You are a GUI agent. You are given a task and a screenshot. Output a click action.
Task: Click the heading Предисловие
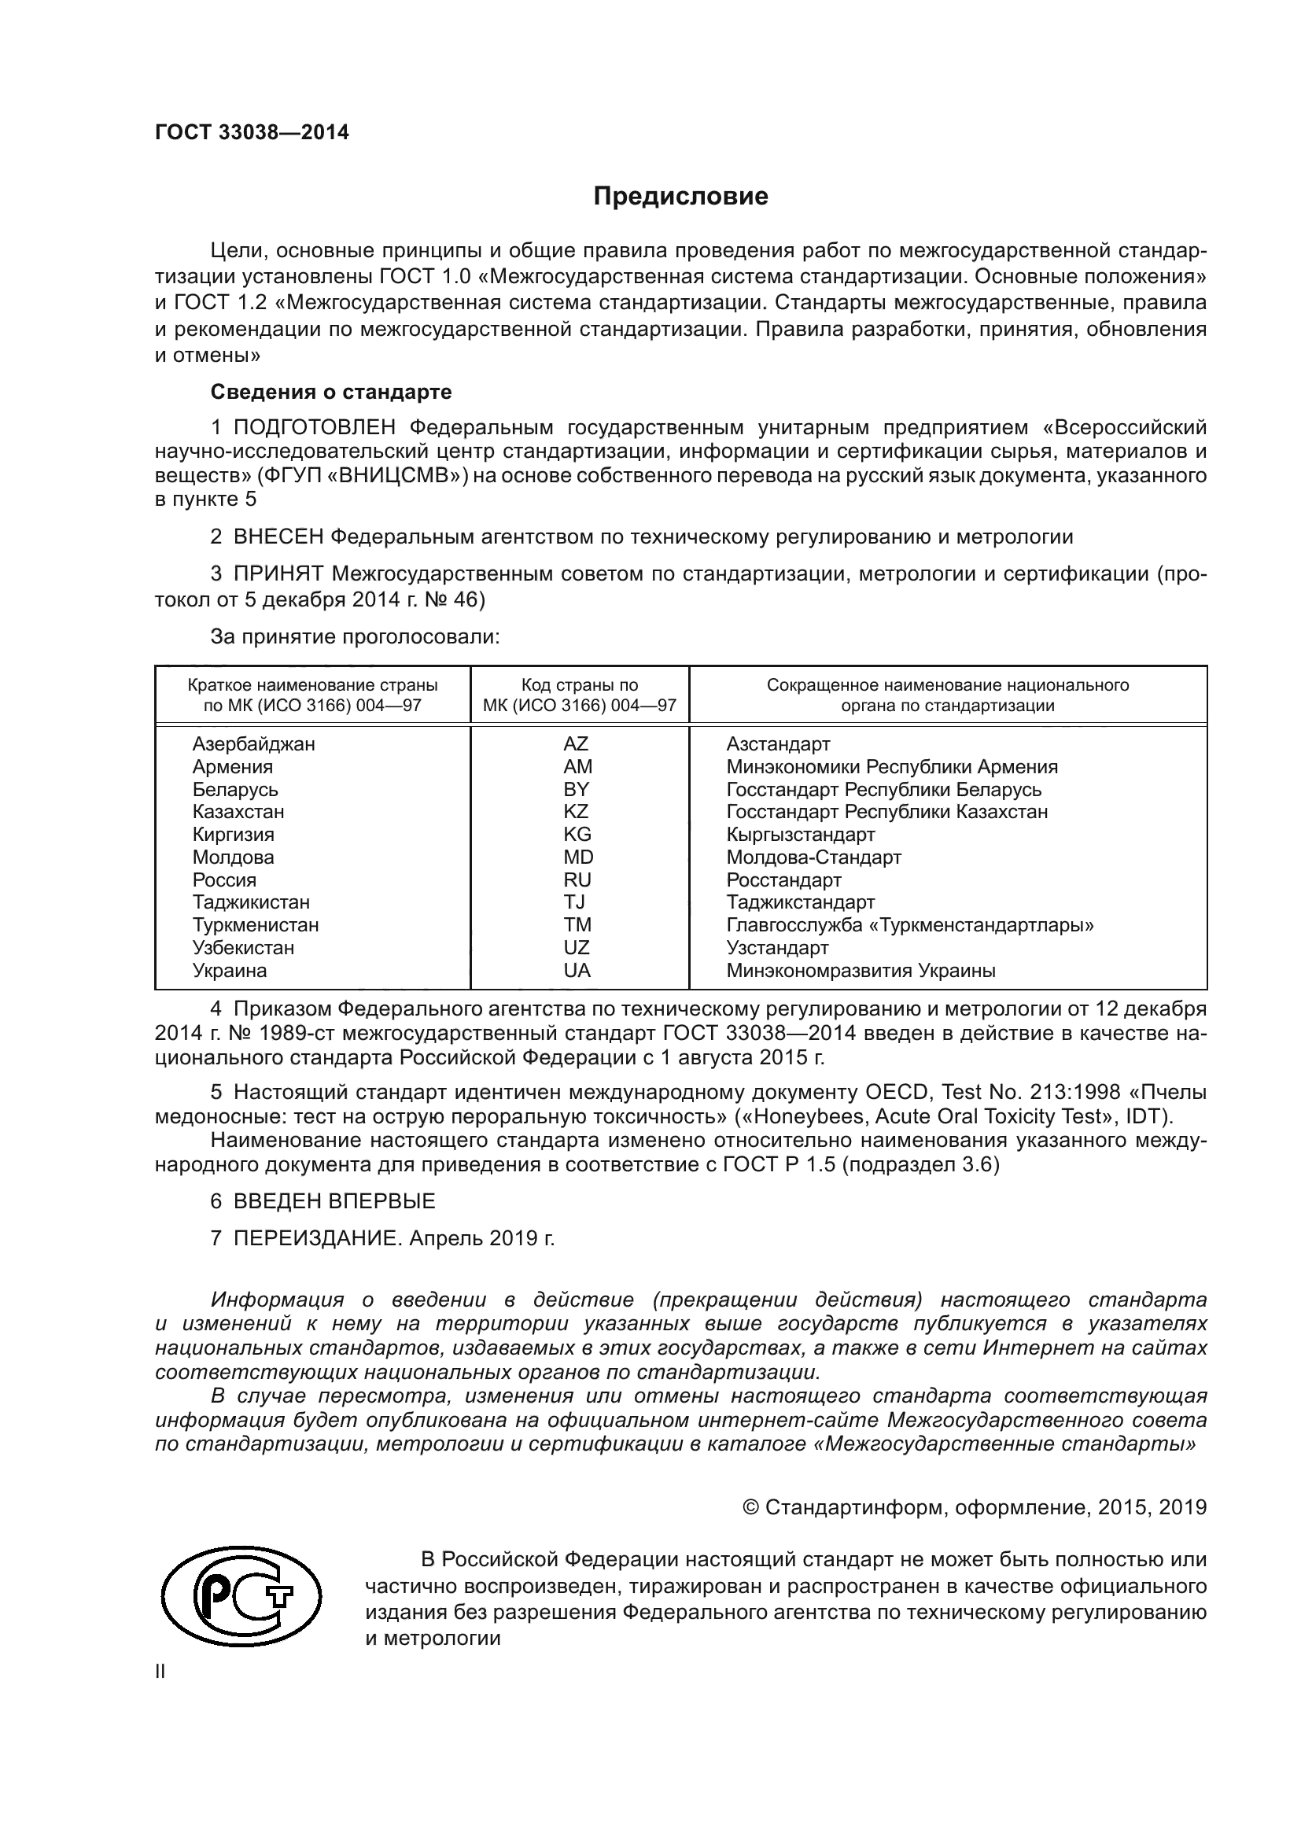click(680, 197)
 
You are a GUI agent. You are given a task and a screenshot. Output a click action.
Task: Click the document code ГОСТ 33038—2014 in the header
click(252, 133)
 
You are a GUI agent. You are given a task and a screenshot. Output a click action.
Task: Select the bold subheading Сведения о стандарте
click(331, 392)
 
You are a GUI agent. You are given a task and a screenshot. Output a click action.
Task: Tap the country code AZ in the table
click(575, 743)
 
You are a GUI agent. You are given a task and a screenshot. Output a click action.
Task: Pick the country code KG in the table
click(577, 834)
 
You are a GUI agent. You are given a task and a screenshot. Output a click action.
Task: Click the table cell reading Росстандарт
click(783, 880)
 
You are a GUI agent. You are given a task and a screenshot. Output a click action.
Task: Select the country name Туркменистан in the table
click(255, 925)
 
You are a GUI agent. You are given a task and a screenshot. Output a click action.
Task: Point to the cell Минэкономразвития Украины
click(861, 971)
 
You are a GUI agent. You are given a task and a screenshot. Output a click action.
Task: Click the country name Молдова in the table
click(232, 857)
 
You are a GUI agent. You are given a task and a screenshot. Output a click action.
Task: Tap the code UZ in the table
click(576, 948)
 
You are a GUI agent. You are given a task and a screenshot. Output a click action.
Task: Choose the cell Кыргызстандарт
click(800, 834)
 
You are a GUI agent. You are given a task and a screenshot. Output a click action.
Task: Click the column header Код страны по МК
click(579, 695)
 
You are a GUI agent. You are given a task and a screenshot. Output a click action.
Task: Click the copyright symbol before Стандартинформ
click(750, 1507)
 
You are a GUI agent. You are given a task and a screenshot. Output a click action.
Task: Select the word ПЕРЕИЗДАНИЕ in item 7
click(315, 1238)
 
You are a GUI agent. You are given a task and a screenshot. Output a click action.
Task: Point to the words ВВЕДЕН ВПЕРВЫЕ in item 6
click(334, 1201)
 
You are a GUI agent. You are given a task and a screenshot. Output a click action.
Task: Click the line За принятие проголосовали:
click(355, 637)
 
